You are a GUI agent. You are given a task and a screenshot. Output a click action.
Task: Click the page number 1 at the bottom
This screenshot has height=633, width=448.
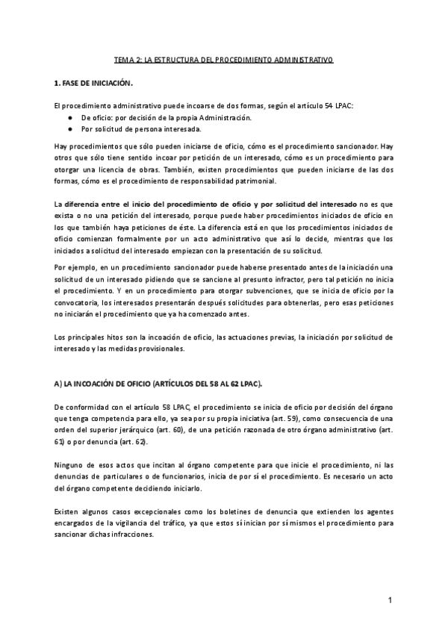pos(390,600)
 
